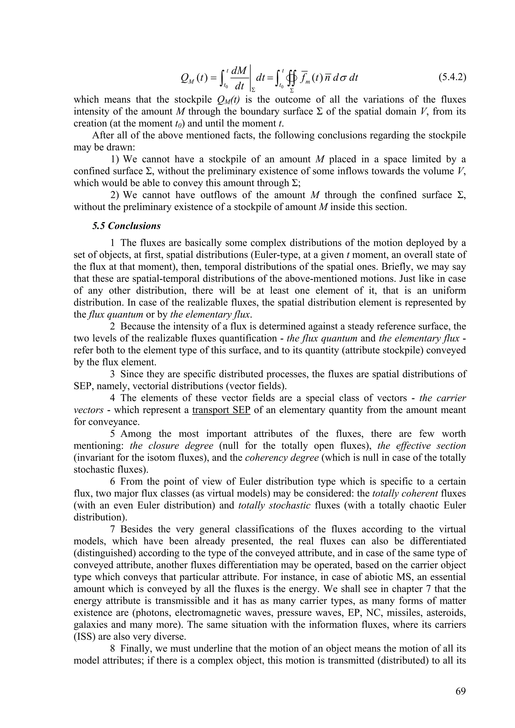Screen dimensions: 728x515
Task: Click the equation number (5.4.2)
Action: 452,77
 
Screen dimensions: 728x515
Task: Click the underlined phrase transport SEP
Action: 221,410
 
